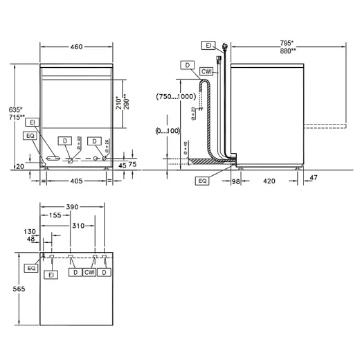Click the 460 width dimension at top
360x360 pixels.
pos(76,47)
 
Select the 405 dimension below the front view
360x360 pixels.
pos(76,181)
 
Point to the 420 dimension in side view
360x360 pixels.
pos(269,181)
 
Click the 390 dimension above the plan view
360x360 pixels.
pos(73,207)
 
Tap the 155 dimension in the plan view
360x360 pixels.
pos(58,216)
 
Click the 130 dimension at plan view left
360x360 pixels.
pos(29,232)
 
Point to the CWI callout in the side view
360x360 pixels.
pos(207,72)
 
